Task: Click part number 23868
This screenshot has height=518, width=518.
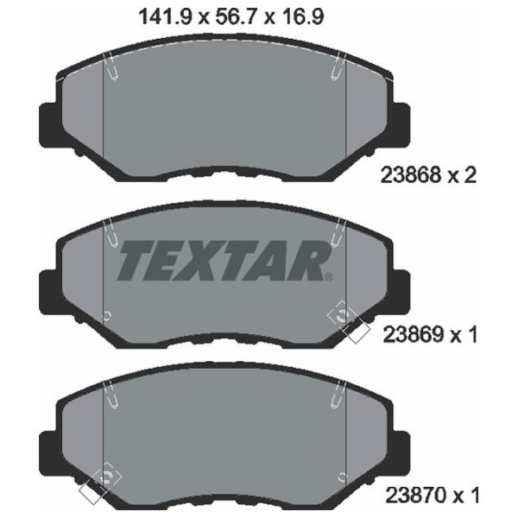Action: pyautogui.click(x=407, y=175)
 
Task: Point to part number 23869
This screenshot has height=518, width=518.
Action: pyautogui.click(x=407, y=334)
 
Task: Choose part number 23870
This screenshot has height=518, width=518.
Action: pyautogui.click(x=407, y=496)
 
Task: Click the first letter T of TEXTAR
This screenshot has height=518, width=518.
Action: pyautogui.click(x=136, y=258)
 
